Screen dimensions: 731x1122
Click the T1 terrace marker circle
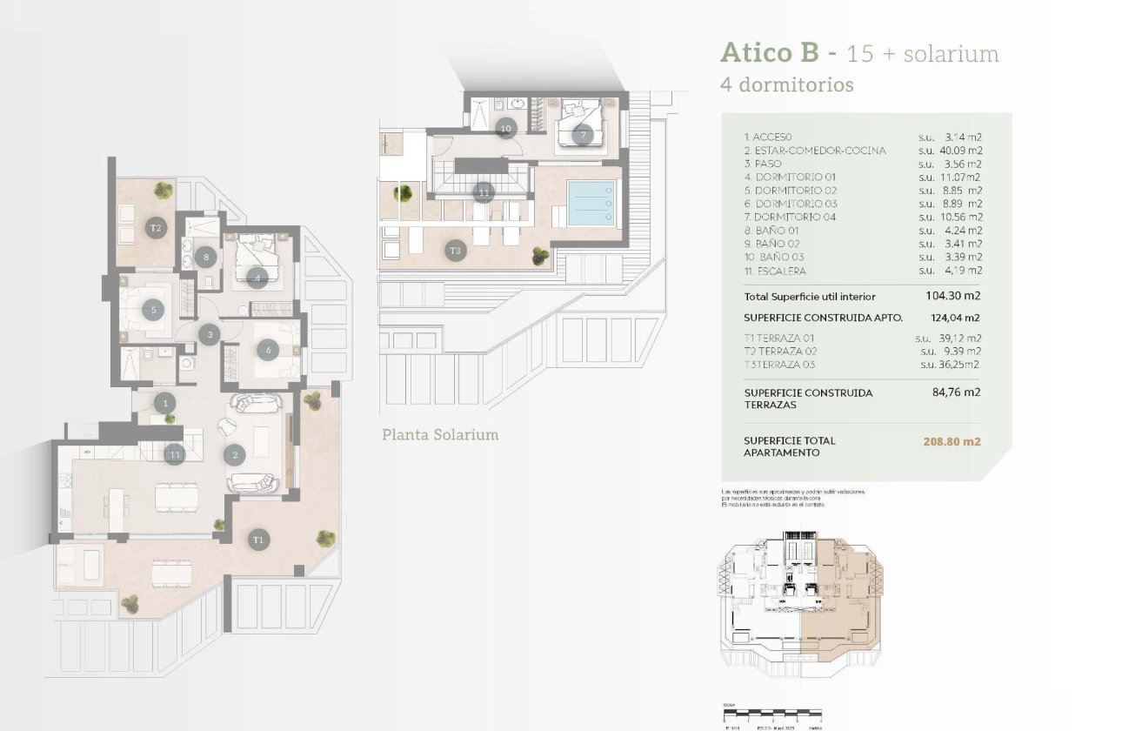(257, 540)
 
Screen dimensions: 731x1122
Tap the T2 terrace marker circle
(156, 228)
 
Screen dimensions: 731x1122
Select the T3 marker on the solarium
(455, 251)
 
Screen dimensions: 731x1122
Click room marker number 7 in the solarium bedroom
(582, 135)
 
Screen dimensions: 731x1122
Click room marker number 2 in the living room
(234, 453)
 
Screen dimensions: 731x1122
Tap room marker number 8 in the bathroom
(205, 257)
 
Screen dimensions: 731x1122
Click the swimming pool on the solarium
(591, 204)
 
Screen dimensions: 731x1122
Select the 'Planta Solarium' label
(440, 434)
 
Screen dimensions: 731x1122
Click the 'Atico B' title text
(770, 53)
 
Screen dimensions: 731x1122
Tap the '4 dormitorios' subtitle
(786, 85)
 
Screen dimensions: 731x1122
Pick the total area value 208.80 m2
(952, 441)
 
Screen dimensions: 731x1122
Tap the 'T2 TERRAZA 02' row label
(780, 351)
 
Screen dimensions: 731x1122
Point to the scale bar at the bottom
(772, 716)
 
